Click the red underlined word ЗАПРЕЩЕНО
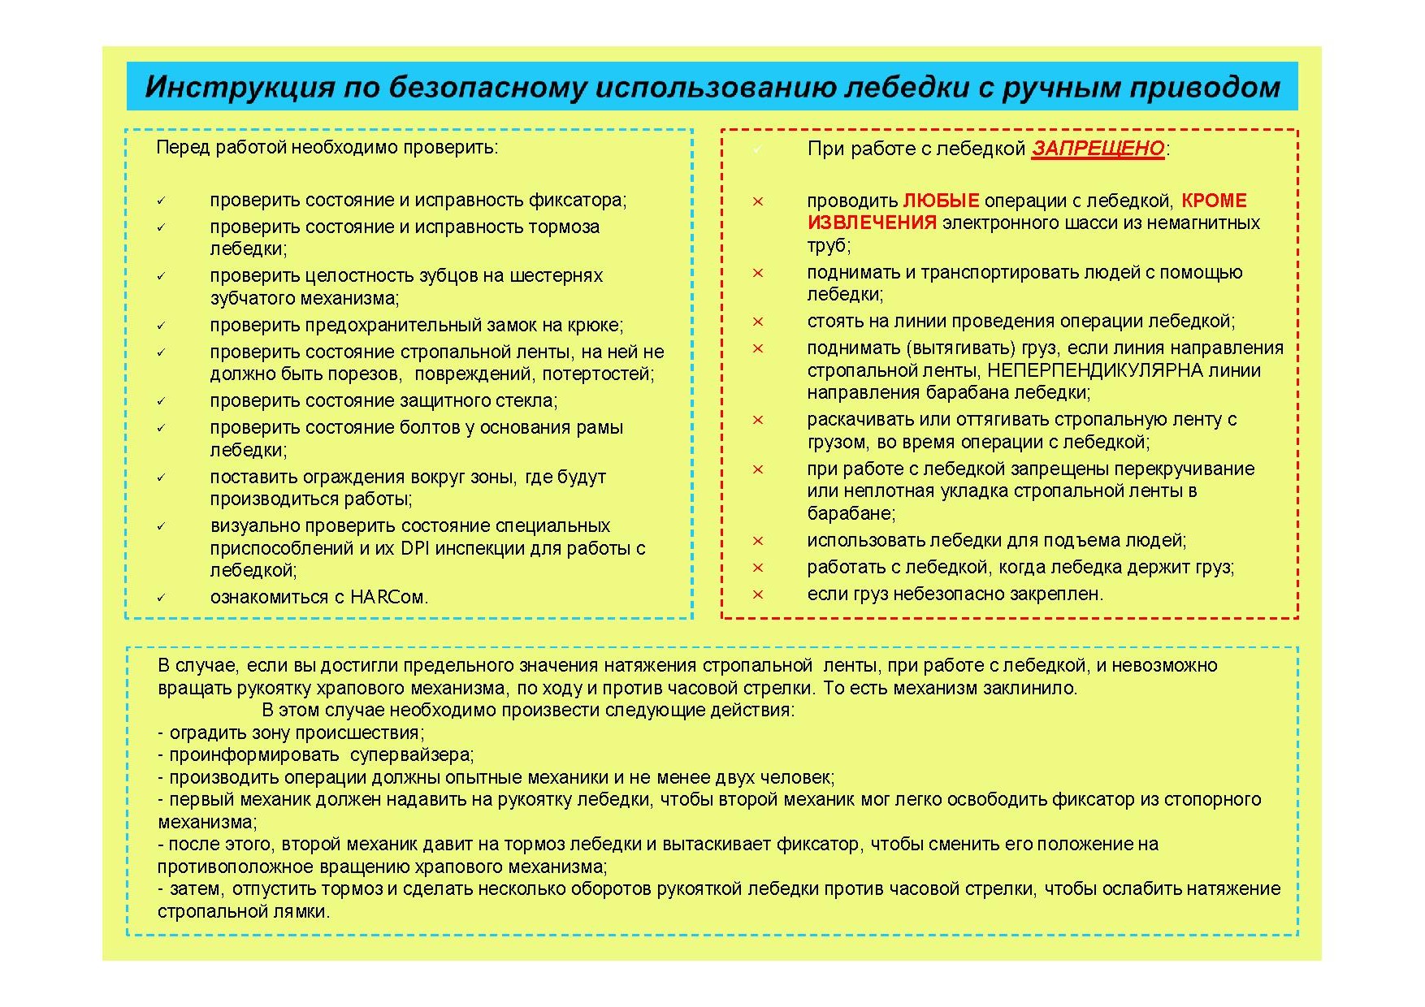tap(1098, 149)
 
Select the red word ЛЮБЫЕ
tap(941, 201)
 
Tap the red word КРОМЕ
tap(1213, 201)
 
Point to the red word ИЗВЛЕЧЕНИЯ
tap(872, 223)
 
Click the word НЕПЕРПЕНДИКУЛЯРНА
tap(1094, 370)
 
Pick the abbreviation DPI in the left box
tap(414, 548)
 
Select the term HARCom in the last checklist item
tap(387, 597)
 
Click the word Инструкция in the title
tap(240, 87)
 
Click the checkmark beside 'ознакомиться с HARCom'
tap(161, 598)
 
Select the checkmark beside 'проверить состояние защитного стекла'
tap(161, 401)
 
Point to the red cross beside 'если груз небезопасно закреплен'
tap(757, 594)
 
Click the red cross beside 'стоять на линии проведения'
tap(757, 322)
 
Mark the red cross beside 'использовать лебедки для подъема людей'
tap(757, 541)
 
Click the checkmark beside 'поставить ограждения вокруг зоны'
tap(161, 478)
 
